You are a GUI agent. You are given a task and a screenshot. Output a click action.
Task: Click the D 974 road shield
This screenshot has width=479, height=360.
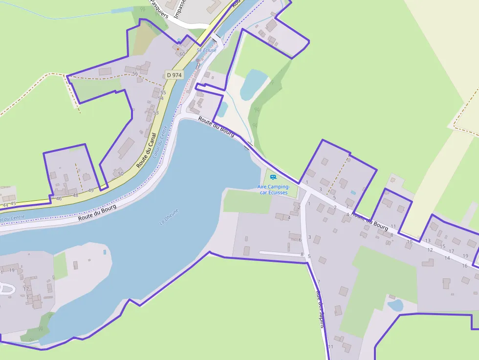click(174, 75)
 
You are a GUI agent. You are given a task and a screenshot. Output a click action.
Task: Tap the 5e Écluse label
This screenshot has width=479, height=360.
click(206, 50)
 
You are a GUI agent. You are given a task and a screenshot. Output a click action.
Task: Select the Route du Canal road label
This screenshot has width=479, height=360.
click(147, 150)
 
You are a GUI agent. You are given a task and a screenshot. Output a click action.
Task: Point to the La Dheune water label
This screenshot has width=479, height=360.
click(170, 217)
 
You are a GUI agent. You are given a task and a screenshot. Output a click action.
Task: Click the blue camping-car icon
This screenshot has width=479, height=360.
click(273, 177)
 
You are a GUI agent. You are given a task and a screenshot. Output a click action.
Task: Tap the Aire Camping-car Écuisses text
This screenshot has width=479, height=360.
click(274, 190)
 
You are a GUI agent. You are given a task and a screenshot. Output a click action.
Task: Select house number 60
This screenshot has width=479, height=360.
click(182, 54)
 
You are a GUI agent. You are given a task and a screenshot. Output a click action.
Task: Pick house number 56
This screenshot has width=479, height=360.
click(135, 74)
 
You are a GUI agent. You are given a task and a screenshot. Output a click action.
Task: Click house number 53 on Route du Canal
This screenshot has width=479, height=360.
click(155, 113)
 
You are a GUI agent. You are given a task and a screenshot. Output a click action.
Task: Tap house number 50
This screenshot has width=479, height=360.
click(121, 173)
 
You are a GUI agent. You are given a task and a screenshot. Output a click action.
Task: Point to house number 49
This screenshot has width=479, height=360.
click(91, 191)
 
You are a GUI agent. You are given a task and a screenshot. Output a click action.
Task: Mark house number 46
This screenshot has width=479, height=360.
click(59, 199)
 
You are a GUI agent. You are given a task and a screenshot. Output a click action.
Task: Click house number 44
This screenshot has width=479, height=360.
click(5, 205)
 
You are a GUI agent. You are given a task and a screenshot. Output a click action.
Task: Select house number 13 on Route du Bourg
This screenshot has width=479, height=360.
click(428, 240)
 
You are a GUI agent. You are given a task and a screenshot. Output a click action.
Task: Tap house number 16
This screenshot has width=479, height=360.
click(464, 266)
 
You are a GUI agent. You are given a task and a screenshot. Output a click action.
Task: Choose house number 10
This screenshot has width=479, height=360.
click(410, 241)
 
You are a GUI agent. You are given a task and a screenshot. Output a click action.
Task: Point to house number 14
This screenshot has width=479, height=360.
click(447, 258)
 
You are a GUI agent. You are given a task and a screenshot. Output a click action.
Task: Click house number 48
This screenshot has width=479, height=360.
click(75, 195)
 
